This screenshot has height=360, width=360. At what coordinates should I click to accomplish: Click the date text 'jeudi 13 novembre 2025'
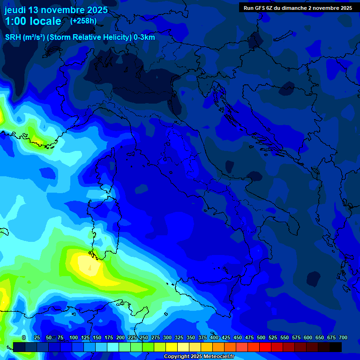pos(56,10)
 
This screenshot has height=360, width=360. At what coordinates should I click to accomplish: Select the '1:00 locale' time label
pos(33,21)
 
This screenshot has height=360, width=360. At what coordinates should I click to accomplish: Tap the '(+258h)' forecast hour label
pos(84,21)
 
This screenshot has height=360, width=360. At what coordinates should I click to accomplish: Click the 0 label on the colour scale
pos(24,337)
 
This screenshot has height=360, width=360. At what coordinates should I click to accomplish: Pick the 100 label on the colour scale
pos(74,337)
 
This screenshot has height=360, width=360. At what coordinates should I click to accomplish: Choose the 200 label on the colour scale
pos(120,337)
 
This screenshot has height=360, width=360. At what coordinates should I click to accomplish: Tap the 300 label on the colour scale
pos(167,337)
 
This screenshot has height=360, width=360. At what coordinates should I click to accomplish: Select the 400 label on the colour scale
pos(214,337)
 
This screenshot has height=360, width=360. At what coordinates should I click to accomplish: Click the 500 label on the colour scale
pos(261,337)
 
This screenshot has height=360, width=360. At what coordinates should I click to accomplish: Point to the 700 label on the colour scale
pos(343,337)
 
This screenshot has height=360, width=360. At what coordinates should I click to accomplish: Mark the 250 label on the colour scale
pos(144,337)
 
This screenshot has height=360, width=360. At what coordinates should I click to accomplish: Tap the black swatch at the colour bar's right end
pos(336,347)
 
